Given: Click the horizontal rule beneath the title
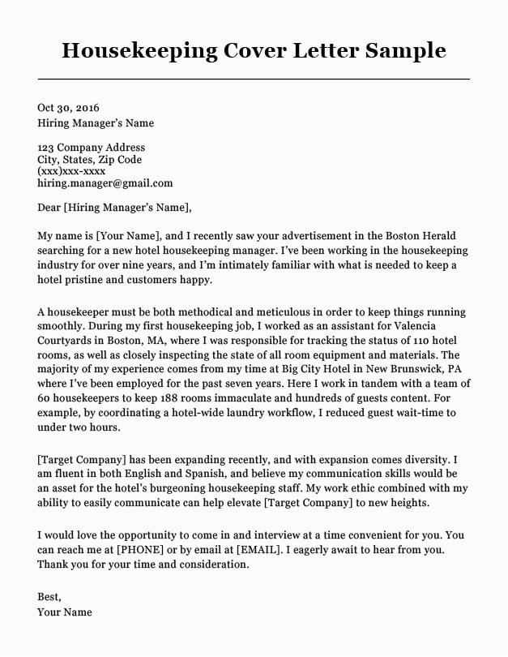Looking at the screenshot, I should (x=254, y=79).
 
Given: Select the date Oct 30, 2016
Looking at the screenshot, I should (x=69, y=107).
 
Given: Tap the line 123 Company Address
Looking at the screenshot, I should (x=92, y=148).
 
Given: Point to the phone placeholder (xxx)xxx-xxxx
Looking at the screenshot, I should (x=71, y=171).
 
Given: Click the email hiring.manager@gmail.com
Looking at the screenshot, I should (x=105, y=183).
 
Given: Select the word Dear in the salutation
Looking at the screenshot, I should (x=49, y=207).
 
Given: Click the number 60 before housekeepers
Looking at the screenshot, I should (x=45, y=398).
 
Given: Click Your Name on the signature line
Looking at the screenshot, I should (x=64, y=612).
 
